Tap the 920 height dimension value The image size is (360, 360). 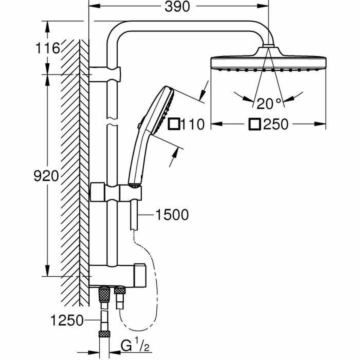(46, 176)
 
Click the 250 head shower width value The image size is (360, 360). (275, 124)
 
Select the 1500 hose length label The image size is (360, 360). (172, 215)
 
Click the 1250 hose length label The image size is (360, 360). (67, 321)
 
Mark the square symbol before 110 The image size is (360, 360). (174, 124)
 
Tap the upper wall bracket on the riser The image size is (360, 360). (105, 74)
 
